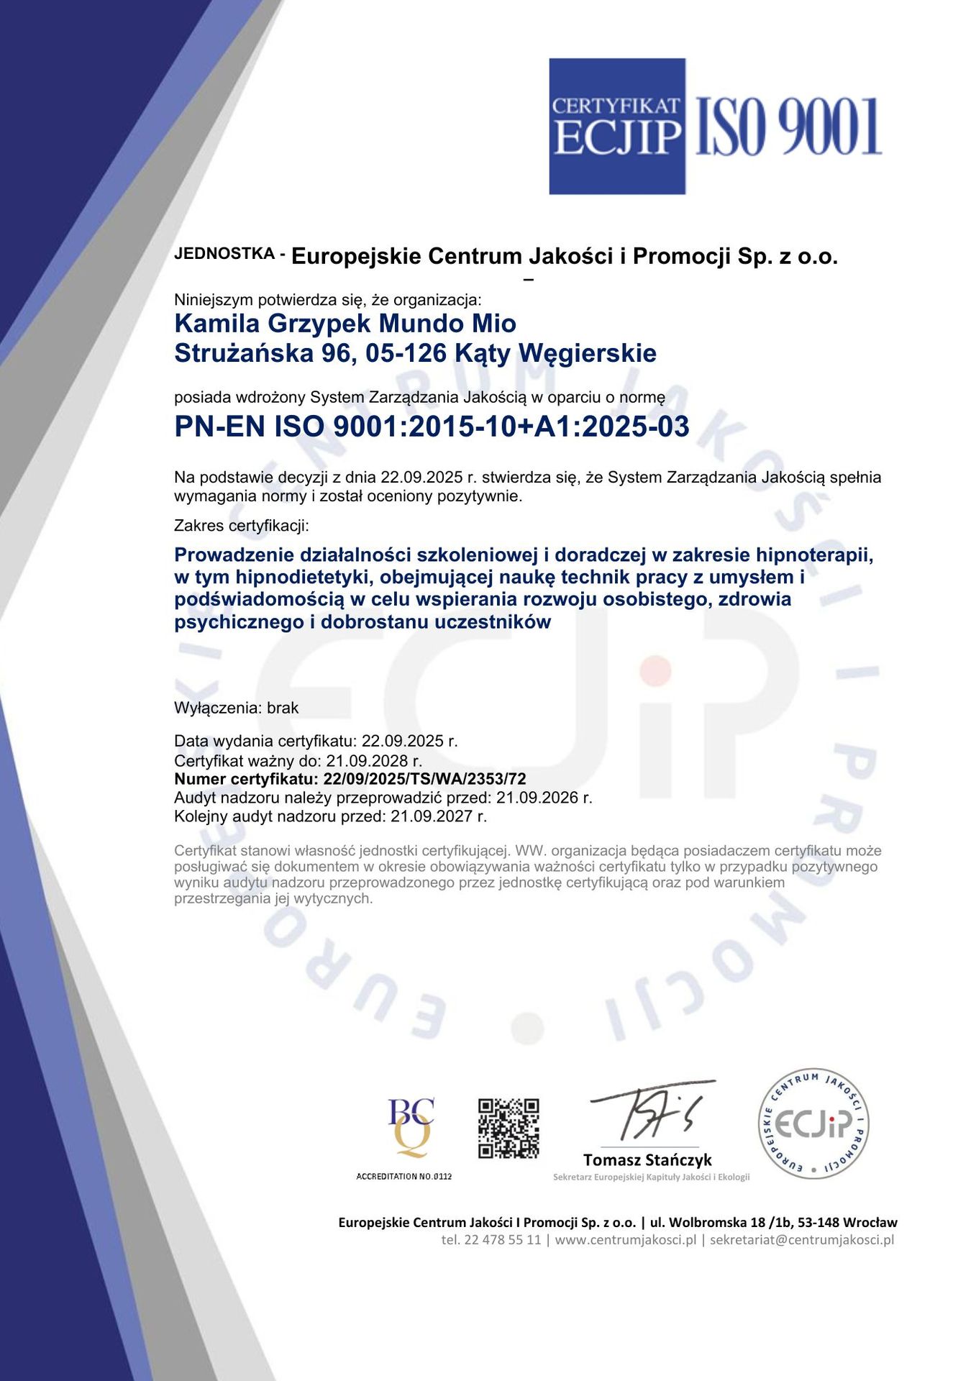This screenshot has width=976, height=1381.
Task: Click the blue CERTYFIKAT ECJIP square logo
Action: (x=616, y=126)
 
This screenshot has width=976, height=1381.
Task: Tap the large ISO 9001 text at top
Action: (x=788, y=127)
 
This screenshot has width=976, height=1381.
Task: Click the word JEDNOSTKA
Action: (x=224, y=254)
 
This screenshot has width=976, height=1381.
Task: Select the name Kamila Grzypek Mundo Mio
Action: (x=345, y=324)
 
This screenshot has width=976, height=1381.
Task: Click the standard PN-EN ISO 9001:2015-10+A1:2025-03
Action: (x=432, y=427)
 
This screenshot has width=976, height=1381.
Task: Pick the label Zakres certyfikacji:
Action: (x=242, y=526)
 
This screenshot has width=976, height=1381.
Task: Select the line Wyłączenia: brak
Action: (x=236, y=708)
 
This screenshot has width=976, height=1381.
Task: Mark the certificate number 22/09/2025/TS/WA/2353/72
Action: (x=424, y=779)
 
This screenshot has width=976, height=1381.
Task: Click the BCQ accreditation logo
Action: (x=411, y=1127)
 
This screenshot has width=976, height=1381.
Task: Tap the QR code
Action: (x=508, y=1128)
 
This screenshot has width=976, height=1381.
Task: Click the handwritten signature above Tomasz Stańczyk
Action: (x=651, y=1111)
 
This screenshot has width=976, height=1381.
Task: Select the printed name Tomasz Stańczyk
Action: (x=647, y=1160)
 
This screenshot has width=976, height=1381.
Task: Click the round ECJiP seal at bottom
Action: (x=813, y=1124)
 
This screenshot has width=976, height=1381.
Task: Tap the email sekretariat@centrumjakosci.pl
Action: (x=802, y=1240)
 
